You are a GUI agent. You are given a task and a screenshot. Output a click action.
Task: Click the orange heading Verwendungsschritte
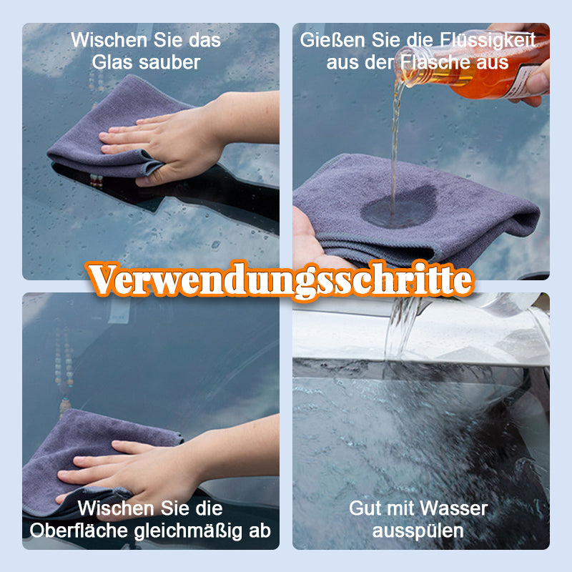(x=281, y=280)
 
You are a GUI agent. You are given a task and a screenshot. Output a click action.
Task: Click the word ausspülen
(x=418, y=531)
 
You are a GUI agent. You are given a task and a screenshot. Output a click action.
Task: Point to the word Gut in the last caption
(x=363, y=509)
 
